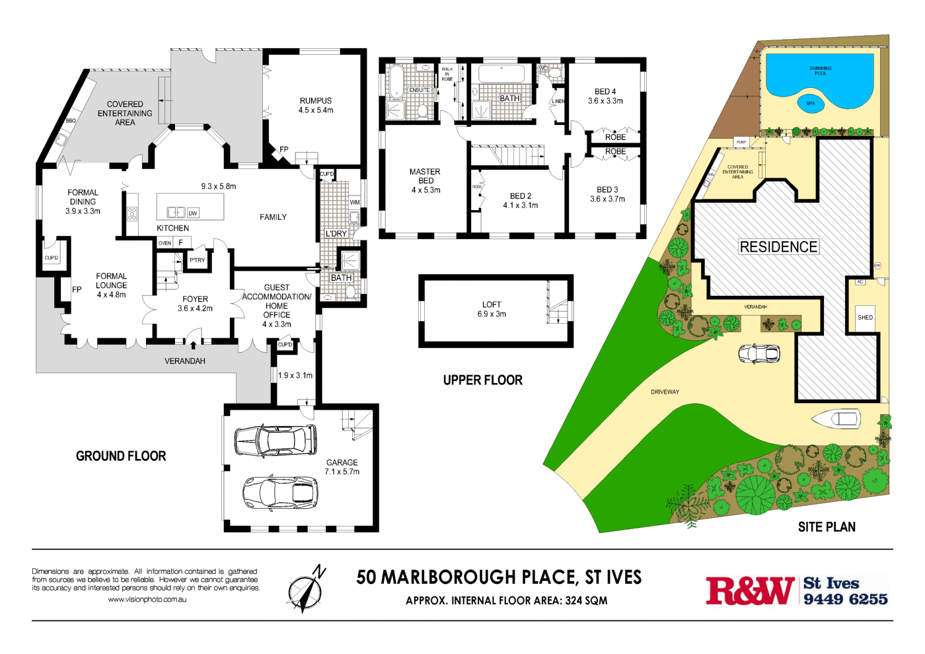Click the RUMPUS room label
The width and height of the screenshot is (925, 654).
click(x=316, y=101)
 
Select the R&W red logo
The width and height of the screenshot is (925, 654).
click(x=750, y=591)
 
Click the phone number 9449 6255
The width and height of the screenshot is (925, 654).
click(x=845, y=599)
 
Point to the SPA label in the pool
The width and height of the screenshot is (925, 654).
click(x=811, y=103)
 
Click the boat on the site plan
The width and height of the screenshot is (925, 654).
click(x=836, y=418)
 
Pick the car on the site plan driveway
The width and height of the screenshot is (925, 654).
click(x=759, y=353)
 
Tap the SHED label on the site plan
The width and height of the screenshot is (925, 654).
click(x=865, y=318)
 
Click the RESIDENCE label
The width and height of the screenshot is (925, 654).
click(x=778, y=247)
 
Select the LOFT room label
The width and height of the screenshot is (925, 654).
click(x=492, y=305)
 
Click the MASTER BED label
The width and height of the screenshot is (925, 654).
click(x=425, y=176)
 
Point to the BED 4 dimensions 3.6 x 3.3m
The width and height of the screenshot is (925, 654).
click(x=605, y=101)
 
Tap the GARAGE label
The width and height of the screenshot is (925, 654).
click(x=342, y=462)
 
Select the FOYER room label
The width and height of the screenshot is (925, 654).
click(x=195, y=299)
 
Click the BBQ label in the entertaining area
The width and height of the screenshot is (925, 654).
click(x=71, y=121)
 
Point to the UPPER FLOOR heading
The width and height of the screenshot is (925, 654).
click(x=482, y=380)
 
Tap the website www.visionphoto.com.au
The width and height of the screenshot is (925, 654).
click(x=147, y=600)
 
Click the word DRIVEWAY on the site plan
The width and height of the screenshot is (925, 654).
click(x=665, y=392)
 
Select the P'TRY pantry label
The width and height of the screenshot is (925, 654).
click(x=197, y=260)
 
